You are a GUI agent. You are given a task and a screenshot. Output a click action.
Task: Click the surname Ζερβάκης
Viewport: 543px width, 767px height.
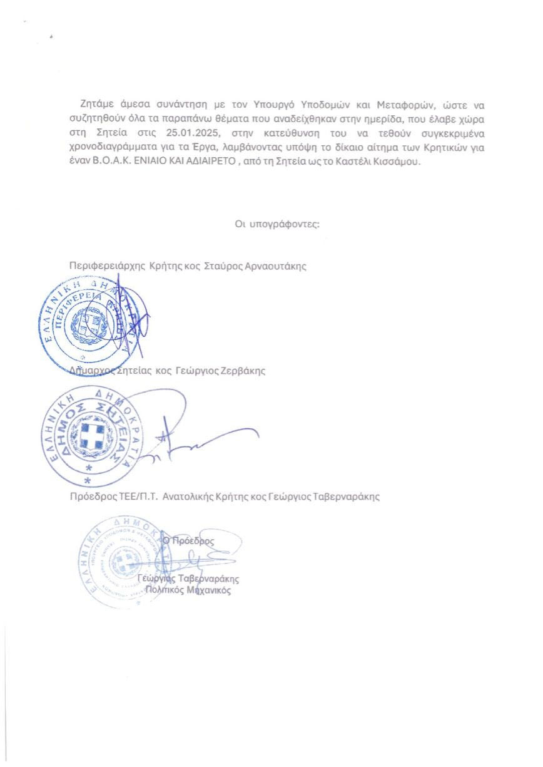coord(241,371)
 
